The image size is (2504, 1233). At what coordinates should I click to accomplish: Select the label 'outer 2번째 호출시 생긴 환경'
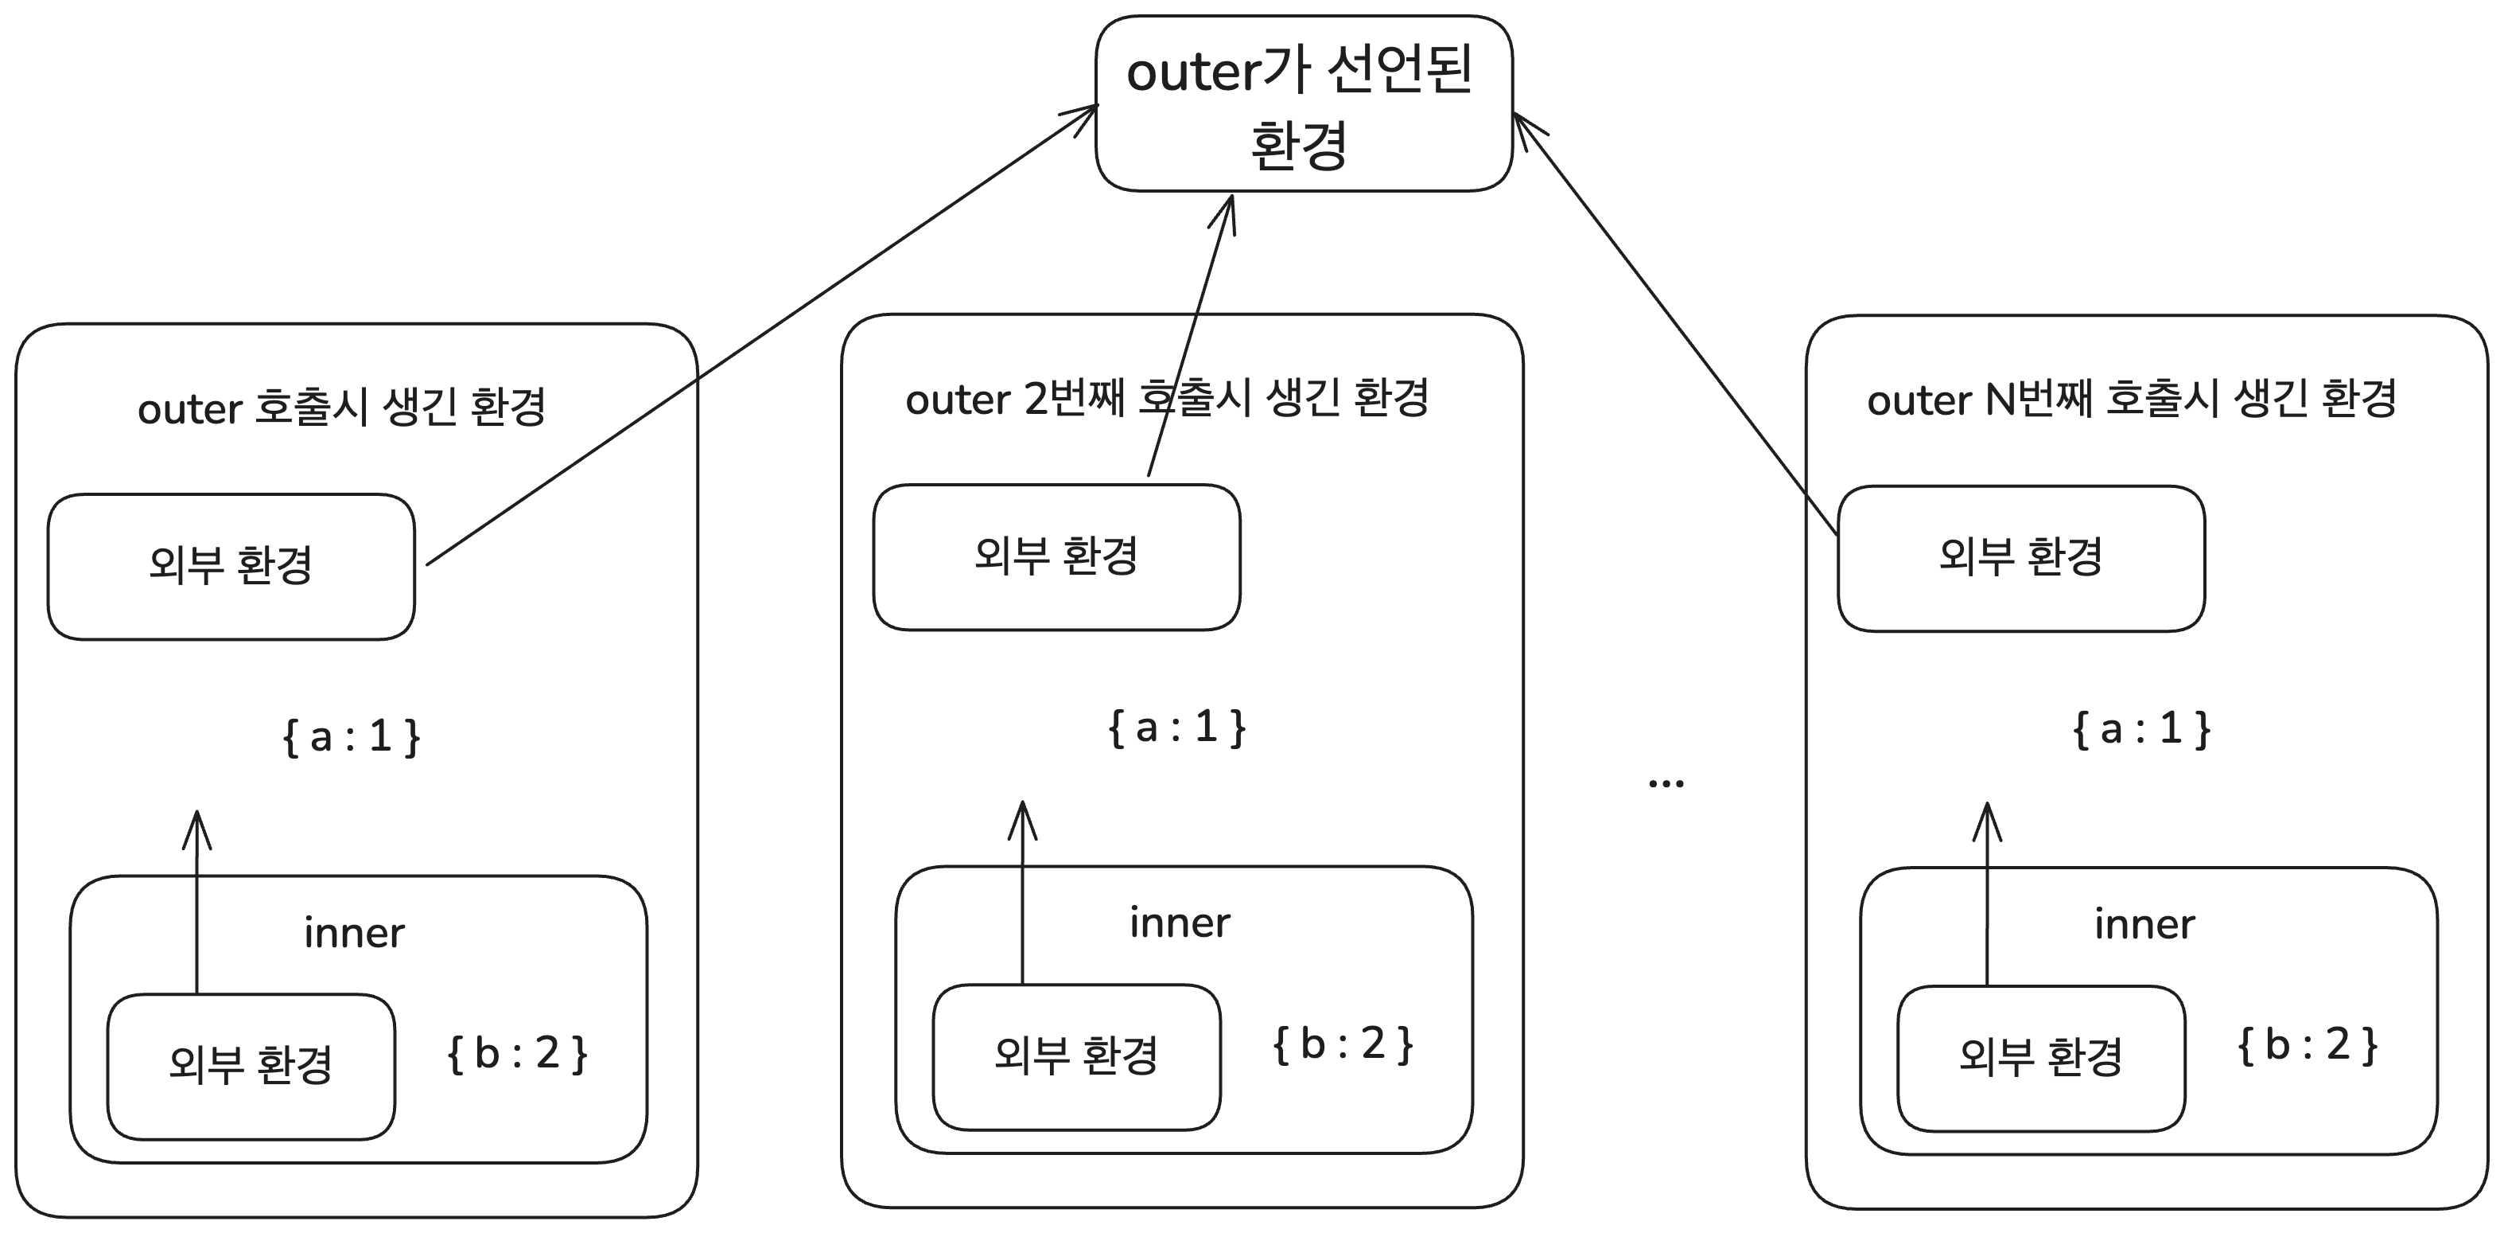[1166, 399]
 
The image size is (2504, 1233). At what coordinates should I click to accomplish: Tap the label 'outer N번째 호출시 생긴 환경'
[2131, 400]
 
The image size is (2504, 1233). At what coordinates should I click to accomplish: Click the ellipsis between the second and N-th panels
[1666, 782]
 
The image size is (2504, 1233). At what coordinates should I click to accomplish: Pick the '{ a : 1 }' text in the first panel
[351, 736]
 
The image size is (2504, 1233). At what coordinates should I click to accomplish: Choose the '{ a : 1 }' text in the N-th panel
[2141, 728]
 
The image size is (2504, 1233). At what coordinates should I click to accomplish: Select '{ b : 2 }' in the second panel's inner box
[1343, 1044]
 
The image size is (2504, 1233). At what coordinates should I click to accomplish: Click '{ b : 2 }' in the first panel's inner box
[517, 1053]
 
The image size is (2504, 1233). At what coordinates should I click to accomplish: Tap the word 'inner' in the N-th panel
[2144, 925]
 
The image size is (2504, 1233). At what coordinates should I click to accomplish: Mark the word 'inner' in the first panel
[354, 934]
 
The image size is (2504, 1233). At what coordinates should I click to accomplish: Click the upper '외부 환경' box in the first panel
[231, 566]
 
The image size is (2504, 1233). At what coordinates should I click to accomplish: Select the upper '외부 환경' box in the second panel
[1056, 557]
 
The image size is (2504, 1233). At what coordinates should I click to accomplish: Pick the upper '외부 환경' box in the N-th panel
[2021, 558]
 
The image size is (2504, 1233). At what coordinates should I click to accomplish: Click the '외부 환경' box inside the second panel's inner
[1076, 1056]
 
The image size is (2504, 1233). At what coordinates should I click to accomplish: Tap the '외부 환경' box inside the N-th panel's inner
[2040, 1058]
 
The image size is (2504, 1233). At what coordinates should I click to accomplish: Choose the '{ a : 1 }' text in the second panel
[1176, 728]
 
